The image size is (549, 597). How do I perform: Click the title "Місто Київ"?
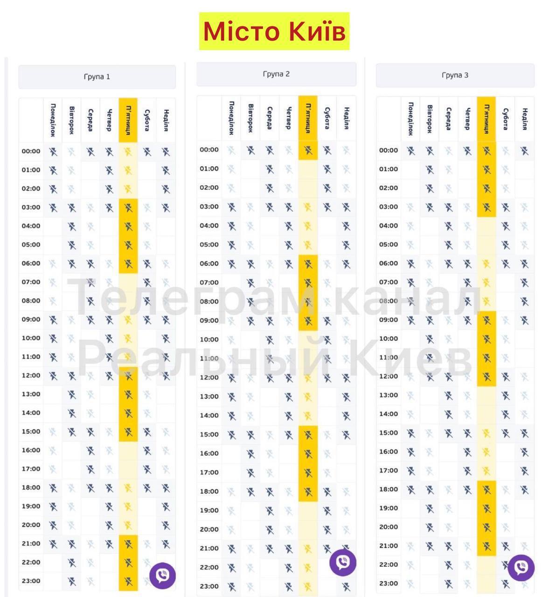[274, 31]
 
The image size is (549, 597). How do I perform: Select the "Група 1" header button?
[97, 76]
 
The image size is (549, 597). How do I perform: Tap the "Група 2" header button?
[276, 74]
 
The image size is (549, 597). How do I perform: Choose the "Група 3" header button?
[455, 75]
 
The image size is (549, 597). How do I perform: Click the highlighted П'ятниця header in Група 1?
[128, 120]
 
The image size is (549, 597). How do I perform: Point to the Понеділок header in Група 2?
[231, 118]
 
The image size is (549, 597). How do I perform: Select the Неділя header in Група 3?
[525, 119]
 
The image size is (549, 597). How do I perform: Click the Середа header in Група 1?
[90, 120]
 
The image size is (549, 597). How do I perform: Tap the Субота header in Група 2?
[327, 118]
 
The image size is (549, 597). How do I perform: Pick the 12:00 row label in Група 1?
[31, 375]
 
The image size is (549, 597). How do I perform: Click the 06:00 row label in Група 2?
[209, 264]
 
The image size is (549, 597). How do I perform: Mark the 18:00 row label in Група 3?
[389, 489]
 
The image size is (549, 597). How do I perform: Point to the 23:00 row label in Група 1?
[31, 581]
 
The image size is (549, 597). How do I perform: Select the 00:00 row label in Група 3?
[389, 150]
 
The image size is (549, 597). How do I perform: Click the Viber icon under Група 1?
[162, 576]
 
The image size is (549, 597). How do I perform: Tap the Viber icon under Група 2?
[343, 562]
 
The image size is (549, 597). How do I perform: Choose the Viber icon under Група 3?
[521, 567]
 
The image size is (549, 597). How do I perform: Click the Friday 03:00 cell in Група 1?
[128, 208]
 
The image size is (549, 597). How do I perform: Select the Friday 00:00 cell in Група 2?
[308, 150]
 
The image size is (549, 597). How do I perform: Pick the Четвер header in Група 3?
[467, 119]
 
